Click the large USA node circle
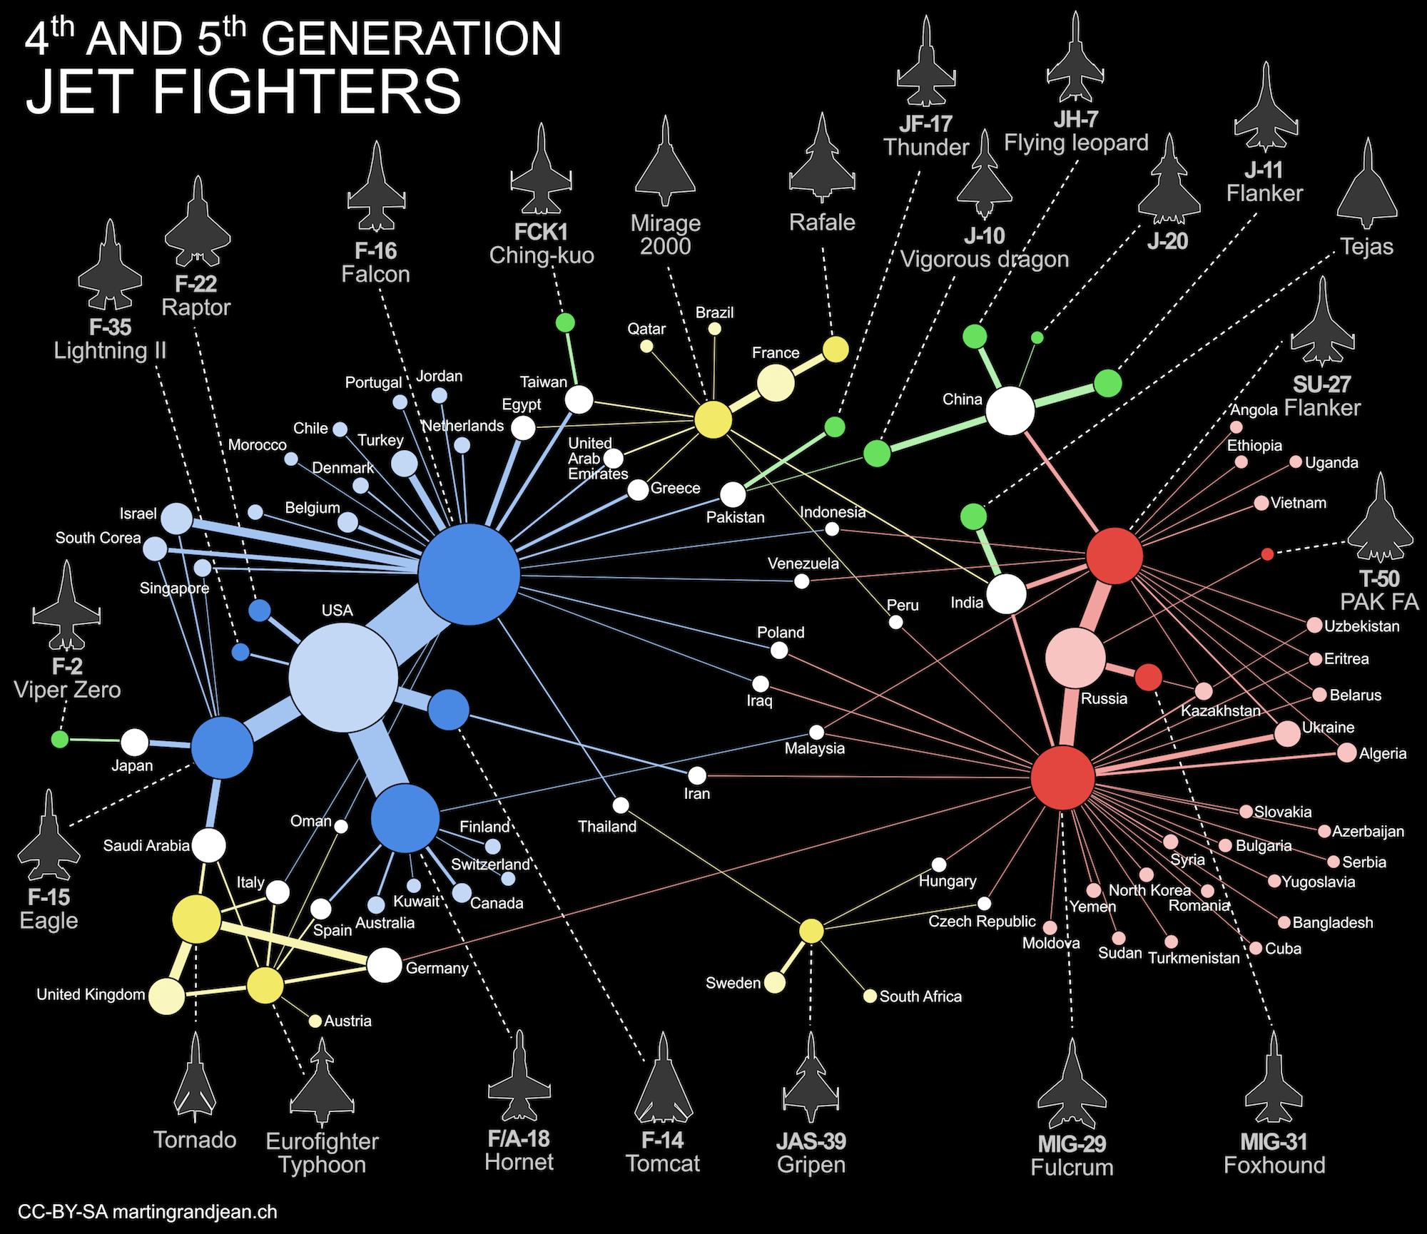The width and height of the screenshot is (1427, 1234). tap(343, 678)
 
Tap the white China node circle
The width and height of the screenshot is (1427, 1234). tap(1010, 411)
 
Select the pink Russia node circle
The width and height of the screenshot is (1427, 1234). tap(1075, 658)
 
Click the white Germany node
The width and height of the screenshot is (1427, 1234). tap(385, 965)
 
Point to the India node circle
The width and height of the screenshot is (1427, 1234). tap(1006, 594)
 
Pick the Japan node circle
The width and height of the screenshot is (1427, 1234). tap(134, 743)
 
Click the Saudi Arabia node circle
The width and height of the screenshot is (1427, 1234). tap(209, 845)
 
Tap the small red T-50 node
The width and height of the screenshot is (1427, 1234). tap(1267, 554)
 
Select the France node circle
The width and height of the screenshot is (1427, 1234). tap(776, 384)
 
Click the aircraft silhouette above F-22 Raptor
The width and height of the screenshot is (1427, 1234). tap(197, 223)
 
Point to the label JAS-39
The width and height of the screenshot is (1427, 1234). tap(811, 1141)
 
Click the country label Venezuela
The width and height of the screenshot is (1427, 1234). tap(803, 564)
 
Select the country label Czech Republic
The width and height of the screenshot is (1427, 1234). tap(982, 921)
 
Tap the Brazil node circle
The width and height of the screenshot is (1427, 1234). tap(714, 329)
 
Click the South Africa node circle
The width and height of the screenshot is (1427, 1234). tap(870, 996)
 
